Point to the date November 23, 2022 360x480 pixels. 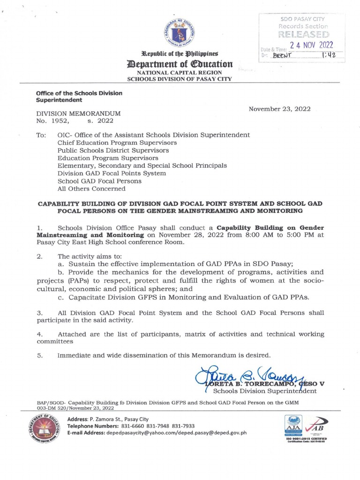click(x=279, y=109)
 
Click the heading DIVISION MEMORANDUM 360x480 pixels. click(x=79, y=113)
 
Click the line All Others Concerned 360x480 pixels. click(x=91, y=188)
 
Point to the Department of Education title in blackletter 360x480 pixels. click(x=180, y=64)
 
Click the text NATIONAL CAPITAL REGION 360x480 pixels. click(x=180, y=73)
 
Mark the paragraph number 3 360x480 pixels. click(x=40, y=313)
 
